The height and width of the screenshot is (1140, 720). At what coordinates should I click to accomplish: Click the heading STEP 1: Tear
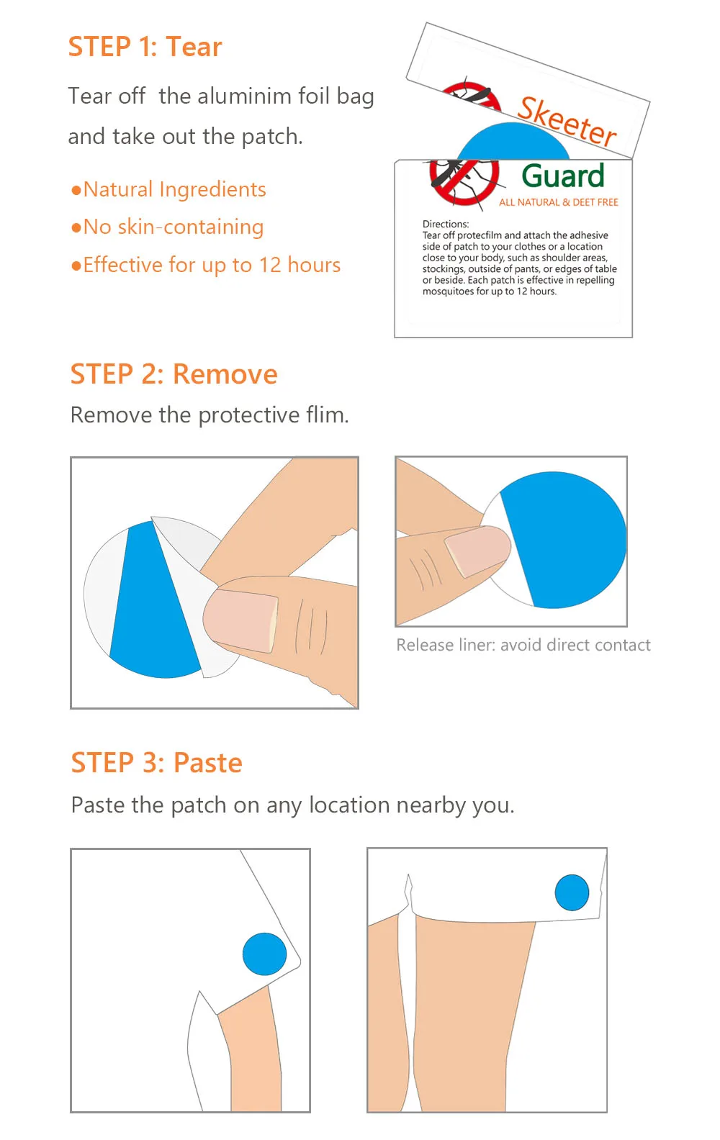145,47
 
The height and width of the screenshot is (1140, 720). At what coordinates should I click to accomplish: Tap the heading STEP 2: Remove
174,374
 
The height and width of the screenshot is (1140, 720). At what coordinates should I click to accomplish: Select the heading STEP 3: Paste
156,762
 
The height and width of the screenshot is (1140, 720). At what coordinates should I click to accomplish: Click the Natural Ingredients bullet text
168,189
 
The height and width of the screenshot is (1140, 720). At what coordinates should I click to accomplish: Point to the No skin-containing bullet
168,227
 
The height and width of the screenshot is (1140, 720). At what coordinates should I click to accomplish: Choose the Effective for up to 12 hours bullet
206,265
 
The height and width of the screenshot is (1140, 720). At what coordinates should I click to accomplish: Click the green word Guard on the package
563,176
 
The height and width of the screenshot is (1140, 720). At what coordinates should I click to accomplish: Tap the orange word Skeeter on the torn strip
567,121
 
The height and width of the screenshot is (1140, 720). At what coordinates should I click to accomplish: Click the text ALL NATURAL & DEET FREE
559,202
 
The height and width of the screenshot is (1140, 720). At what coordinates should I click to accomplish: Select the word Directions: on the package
446,224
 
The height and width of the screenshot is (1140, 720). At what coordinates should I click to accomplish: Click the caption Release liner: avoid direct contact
523,645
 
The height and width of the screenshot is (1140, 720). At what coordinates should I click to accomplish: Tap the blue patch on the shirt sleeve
264,954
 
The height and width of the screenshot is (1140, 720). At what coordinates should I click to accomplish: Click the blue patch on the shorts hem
572,892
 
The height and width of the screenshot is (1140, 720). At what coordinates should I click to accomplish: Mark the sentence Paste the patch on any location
293,805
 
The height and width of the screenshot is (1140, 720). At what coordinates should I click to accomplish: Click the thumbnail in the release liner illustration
477,551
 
